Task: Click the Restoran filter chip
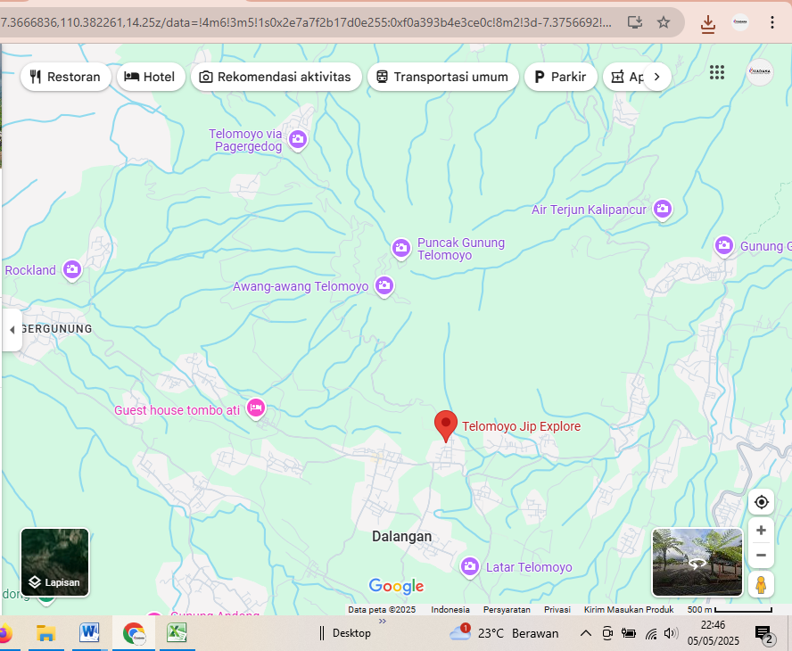65,77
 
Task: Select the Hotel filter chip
149,77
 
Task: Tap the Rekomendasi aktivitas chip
275,77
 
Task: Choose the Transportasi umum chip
442,77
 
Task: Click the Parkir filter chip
560,77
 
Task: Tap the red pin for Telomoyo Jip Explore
446,425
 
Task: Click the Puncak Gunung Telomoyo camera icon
401,247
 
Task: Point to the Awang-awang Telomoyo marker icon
384,286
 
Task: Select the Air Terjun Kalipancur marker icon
662,209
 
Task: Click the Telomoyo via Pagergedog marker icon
298,139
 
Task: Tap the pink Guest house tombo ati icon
255,408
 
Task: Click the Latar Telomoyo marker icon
470,566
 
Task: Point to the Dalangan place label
401,537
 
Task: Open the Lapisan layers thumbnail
54,562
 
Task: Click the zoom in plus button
761,531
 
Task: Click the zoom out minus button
761,555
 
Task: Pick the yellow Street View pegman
761,585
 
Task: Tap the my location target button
761,502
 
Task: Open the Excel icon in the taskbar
177,633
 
